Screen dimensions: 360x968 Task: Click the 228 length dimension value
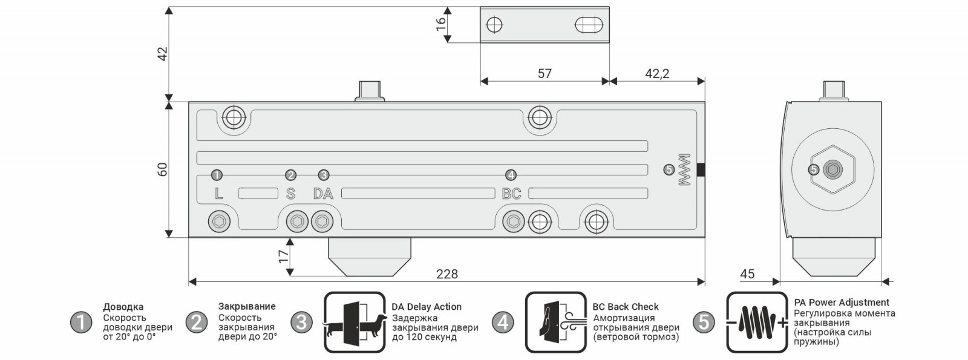447,273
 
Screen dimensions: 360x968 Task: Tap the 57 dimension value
544,73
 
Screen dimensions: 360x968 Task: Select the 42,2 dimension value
657,73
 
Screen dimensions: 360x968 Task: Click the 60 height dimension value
162,170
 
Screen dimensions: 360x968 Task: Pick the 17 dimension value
283,257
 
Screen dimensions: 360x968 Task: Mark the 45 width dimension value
747,273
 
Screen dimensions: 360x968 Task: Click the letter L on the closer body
219,194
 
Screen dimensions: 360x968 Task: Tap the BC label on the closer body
512,194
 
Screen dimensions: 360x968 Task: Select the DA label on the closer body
323,194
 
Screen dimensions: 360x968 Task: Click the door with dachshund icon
355,322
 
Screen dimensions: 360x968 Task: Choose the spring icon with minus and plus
757,322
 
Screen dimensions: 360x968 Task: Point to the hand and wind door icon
555,322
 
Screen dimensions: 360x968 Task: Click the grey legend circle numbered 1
81,322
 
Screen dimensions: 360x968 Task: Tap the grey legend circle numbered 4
503,322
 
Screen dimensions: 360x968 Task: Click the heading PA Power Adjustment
842,303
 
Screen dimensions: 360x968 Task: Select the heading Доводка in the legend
123,307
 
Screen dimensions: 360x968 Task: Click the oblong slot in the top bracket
587,25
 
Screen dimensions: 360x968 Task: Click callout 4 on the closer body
511,175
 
